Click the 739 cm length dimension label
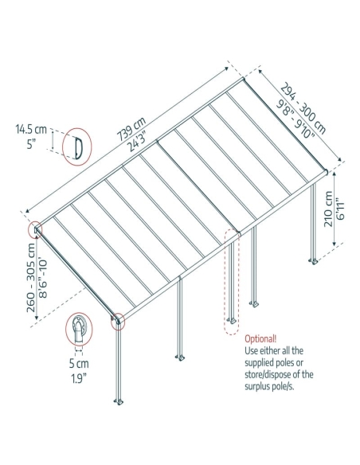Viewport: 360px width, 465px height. pos(131,129)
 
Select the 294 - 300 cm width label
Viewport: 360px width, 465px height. pos(303,108)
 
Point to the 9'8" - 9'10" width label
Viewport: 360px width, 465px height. pos(295,119)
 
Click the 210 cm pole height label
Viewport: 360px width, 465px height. pos(329,209)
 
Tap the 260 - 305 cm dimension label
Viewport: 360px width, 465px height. pos(31,278)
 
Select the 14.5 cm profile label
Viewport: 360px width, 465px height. pos(31,130)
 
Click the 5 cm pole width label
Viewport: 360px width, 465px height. pos(79,364)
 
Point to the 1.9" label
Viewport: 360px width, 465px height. pos(79,379)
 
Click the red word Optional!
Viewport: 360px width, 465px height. pos(260,338)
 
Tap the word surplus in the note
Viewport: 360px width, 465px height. pos(257,386)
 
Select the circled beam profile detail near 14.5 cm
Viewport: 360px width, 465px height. pos(76,147)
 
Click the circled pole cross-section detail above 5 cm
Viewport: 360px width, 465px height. pos(79,329)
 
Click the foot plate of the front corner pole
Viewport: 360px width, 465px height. pos(119,402)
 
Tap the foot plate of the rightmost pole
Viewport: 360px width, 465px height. pos(314,261)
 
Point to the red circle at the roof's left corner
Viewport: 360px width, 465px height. pos(35,229)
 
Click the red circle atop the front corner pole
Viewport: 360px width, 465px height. pos(118,322)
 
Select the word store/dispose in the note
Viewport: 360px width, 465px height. pos(268,374)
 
